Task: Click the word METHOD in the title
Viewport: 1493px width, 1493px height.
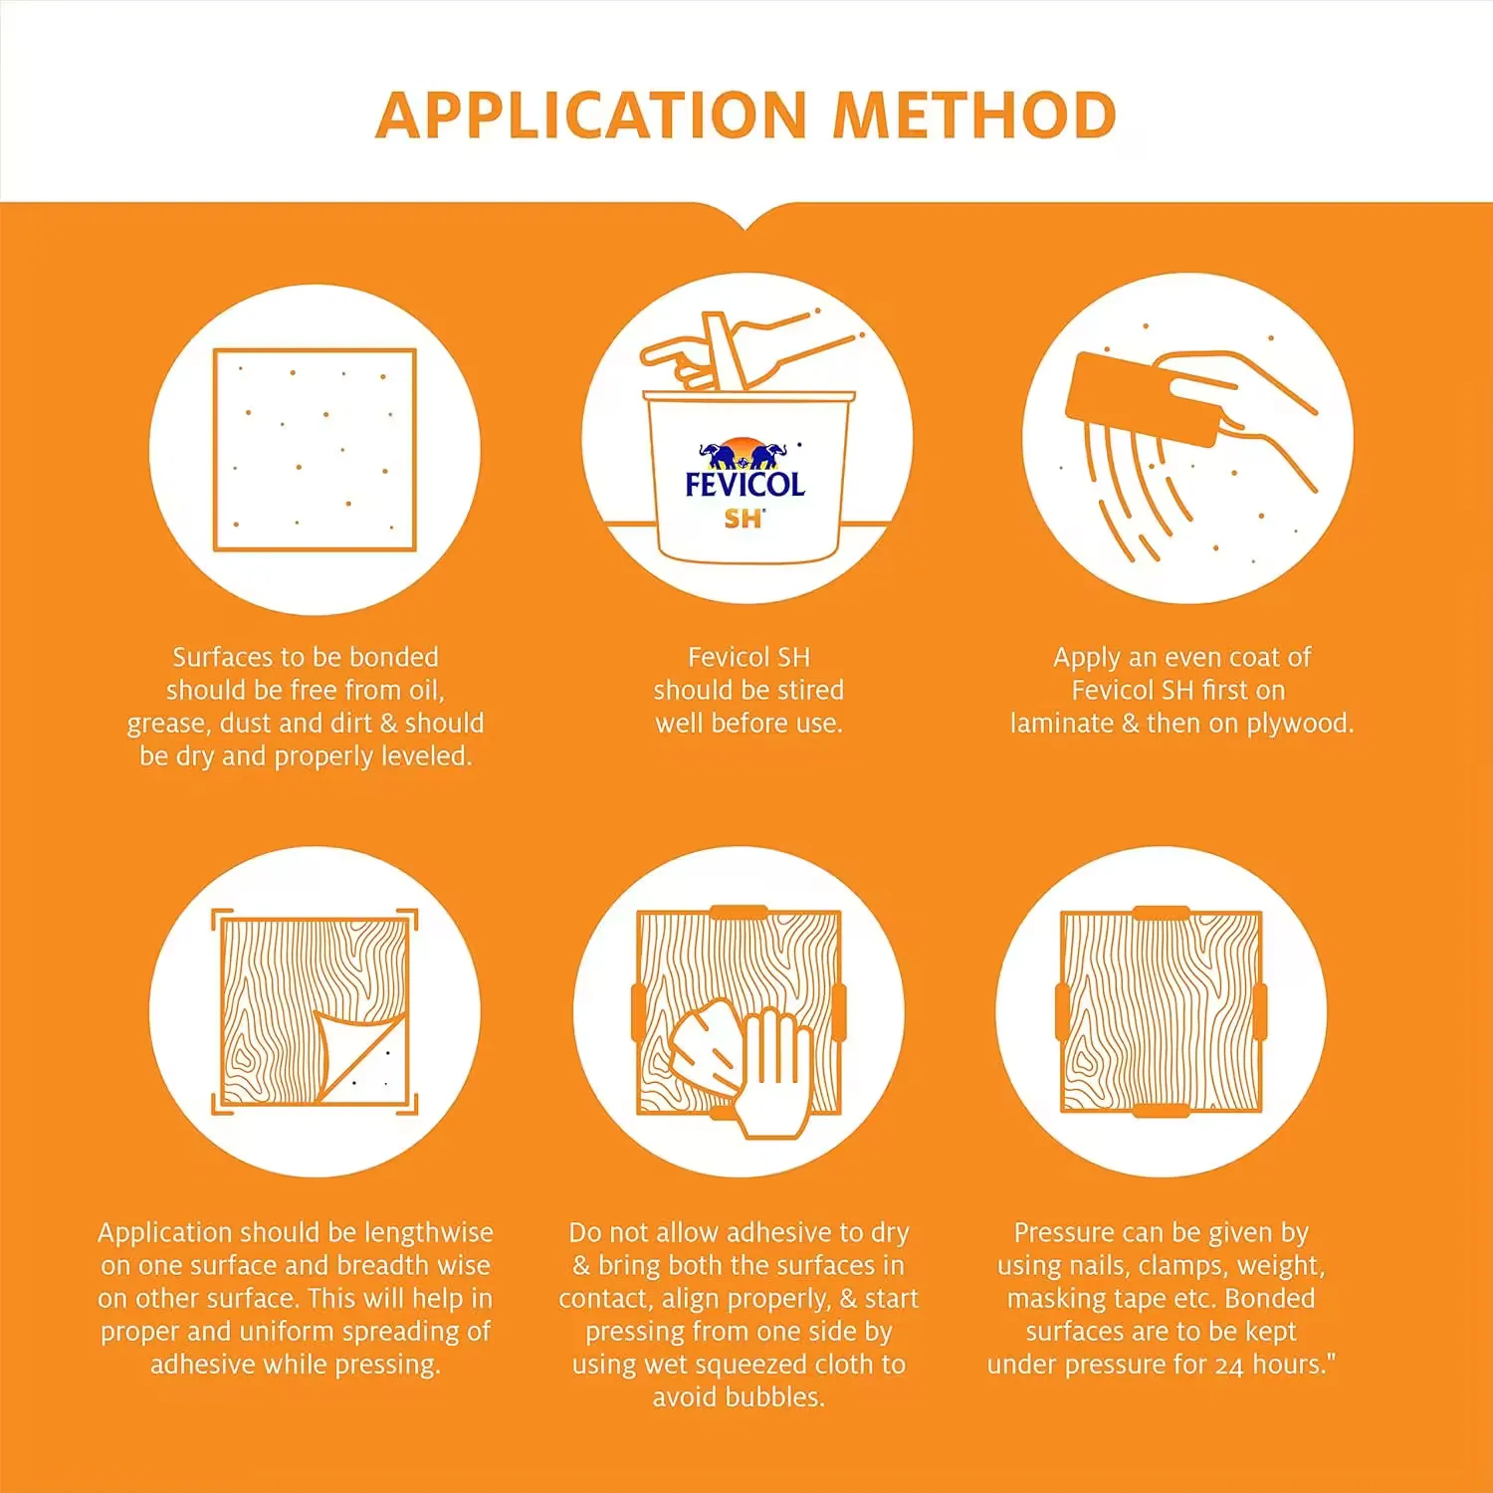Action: coord(974,115)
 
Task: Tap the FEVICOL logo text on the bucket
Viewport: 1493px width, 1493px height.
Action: coord(745,485)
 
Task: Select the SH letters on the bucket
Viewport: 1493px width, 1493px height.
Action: coord(743,519)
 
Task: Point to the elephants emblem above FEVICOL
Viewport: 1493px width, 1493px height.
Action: coord(744,454)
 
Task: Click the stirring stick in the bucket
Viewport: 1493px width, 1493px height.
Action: coord(724,351)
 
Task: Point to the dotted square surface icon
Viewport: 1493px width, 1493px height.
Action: coord(315,450)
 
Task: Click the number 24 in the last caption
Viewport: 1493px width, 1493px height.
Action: coord(1229,1366)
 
